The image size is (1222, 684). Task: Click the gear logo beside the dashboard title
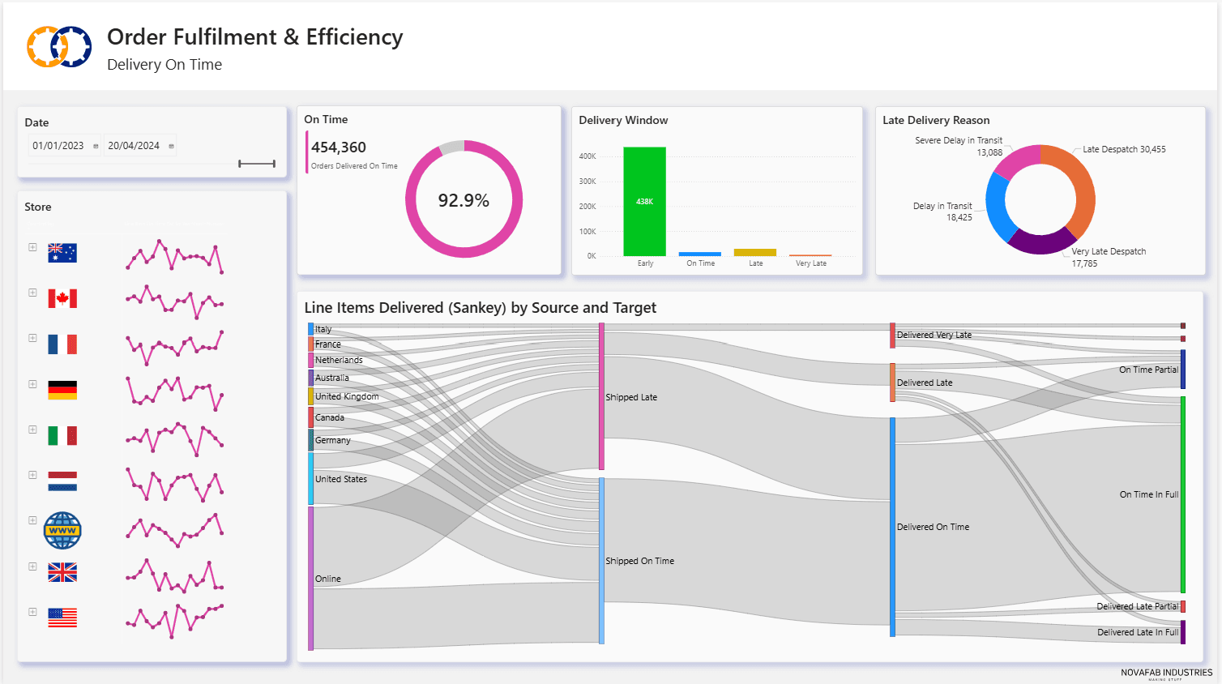tap(59, 46)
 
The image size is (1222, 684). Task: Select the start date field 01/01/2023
tap(58, 146)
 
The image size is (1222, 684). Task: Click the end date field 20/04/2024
tap(134, 146)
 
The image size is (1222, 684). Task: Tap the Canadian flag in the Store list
tap(62, 298)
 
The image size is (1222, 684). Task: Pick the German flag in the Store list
tap(62, 390)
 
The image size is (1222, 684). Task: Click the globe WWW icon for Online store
tap(62, 530)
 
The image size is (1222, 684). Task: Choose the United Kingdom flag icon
tap(62, 572)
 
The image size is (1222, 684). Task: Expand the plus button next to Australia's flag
tap(32, 247)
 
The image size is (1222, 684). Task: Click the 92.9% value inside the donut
tap(464, 200)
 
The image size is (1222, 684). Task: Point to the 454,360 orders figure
tap(339, 147)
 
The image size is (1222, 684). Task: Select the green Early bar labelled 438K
tap(644, 201)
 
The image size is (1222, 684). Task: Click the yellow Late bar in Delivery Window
tap(755, 252)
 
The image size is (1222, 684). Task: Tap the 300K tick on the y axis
tap(587, 182)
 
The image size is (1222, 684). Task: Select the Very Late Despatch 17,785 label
tap(1108, 257)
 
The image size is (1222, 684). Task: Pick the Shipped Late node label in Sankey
tap(631, 397)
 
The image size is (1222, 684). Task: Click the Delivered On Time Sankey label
tap(933, 527)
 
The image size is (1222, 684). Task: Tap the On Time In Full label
tap(1148, 494)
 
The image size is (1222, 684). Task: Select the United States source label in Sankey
tap(341, 479)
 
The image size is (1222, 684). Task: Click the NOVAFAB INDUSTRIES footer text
tap(1166, 673)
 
